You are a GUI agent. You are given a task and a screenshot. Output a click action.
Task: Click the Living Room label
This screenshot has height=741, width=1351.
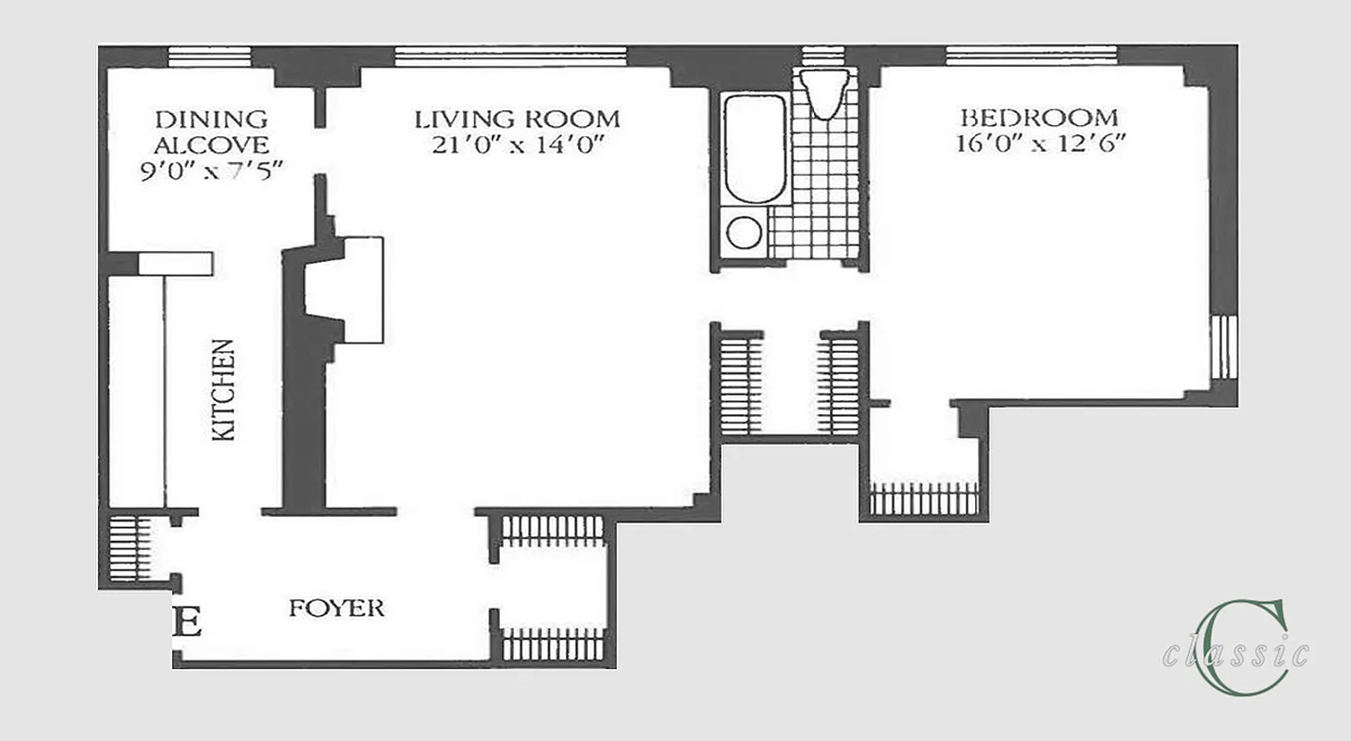coord(517,119)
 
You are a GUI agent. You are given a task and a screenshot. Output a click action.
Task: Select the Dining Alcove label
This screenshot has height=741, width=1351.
coord(211,132)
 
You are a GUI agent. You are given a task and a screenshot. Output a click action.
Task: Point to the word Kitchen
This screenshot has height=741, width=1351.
coord(223,390)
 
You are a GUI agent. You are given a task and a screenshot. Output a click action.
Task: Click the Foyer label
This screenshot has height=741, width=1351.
coord(336,609)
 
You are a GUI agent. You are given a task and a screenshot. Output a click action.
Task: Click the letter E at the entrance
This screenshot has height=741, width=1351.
coord(188,622)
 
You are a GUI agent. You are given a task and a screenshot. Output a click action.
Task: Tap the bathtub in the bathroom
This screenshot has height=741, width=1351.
coord(755,147)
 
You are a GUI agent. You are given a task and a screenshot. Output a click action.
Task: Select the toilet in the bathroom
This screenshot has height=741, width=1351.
coord(824,93)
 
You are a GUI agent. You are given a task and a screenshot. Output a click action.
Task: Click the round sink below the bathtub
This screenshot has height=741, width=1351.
coord(744,232)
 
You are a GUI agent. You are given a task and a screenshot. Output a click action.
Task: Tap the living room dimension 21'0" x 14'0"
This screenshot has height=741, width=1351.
coord(517,145)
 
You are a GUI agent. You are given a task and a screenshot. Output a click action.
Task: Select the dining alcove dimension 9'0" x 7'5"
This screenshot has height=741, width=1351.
coord(211,171)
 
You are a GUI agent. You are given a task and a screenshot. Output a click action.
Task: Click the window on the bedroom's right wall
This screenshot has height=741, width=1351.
coord(1224,347)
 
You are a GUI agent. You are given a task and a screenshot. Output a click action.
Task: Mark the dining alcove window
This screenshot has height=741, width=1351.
coord(209,57)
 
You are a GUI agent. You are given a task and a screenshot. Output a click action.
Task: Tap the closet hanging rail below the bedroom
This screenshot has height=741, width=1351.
coord(923,499)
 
